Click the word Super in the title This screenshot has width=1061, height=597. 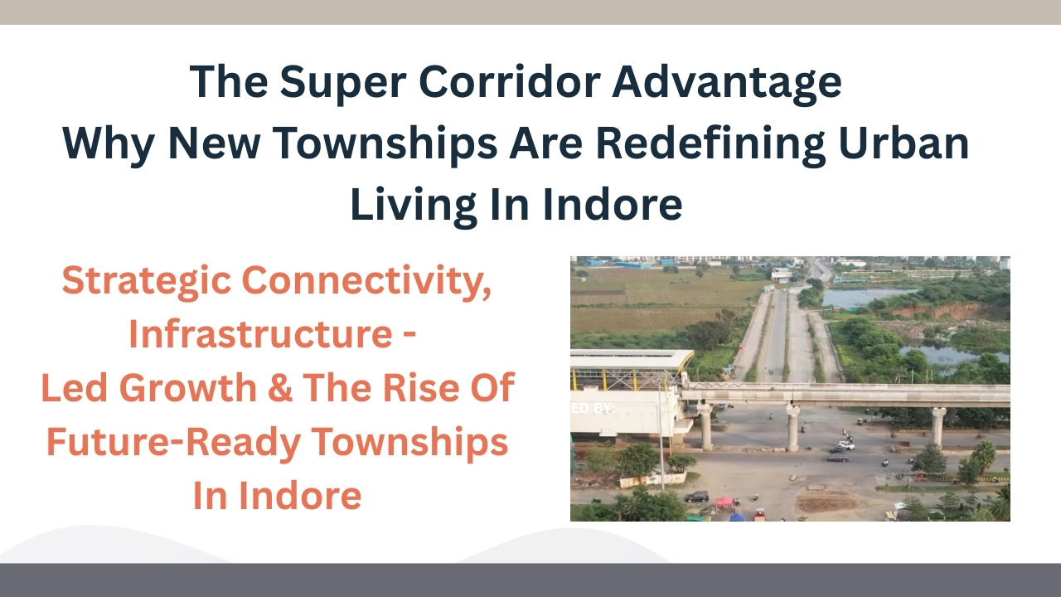tap(343, 83)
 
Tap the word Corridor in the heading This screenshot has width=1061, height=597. tap(510, 81)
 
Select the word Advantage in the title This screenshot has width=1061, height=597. tap(727, 83)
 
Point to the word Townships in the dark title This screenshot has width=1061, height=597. tap(385, 144)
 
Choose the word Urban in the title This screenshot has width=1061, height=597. tap(904, 143)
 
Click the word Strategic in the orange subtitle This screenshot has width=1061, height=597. tap(147, 281)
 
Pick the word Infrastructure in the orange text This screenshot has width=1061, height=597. tap(260, 333)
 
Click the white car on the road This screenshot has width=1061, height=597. tap(846, 445)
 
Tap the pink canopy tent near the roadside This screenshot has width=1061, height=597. tap(724, 502)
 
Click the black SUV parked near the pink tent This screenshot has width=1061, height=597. tap(697, 496)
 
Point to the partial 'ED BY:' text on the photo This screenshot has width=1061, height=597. tap(593, 408)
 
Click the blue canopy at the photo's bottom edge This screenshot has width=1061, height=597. tap(737, 517)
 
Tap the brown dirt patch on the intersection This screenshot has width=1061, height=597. tap(826, 502)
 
